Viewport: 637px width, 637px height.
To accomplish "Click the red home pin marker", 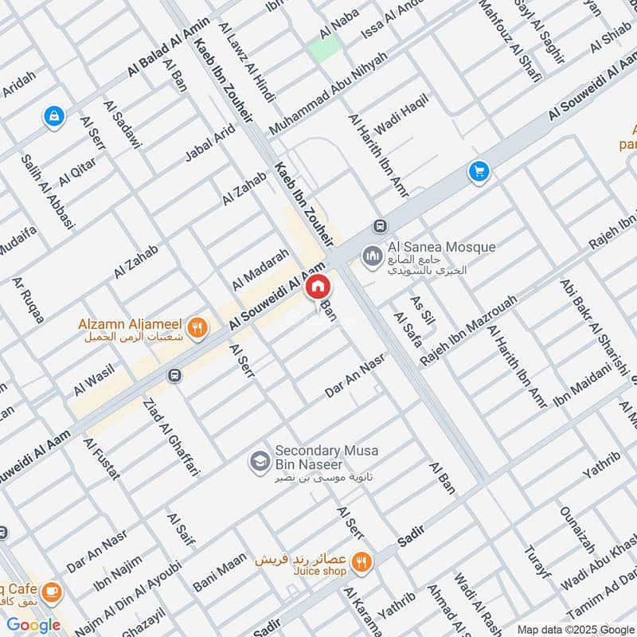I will pos(317,287).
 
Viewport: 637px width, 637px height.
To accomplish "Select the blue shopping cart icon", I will pos(479,171).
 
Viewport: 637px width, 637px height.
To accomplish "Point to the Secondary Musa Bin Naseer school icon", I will pos(259,461).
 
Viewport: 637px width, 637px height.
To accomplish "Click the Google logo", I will pos(34,625).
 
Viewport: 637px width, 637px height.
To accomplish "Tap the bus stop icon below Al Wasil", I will pos(174,375).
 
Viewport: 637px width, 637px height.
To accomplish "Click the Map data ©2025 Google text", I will pos(576,628).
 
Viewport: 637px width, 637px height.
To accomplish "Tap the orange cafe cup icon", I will pos(52,592).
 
